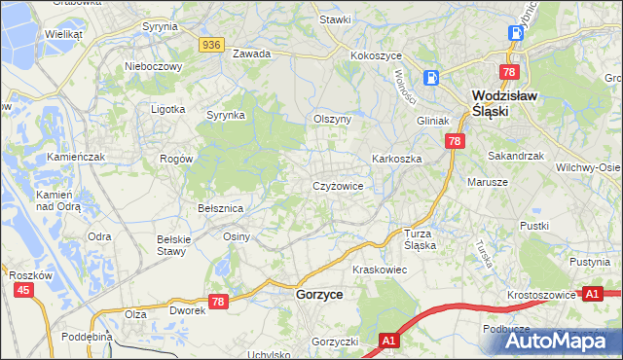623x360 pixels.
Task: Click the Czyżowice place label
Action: pyautogui.click(x=338, y=186)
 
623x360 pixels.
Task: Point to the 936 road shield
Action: pyautogui.click(x=212, y=45)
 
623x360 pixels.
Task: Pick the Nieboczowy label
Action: pyautogui.click(x=154, y=66)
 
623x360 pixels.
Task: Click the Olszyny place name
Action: pyautogui.click(x=332, y=119)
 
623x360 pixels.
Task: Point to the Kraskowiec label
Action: pyautogui.click(x=379, y=269)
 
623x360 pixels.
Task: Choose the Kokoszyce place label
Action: pyautogui.click(x=377, y=55)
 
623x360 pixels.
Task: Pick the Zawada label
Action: pyautogui.click(x=251, y=54)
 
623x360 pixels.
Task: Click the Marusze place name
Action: pyautogui.click(x=488, y=182)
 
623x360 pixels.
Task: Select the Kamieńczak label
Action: pyautogui.click(x=76, y=157)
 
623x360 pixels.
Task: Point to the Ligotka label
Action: pyautogui.click(x=167, y=109)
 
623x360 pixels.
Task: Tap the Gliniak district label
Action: pyautogui.click(x=432, y=121)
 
